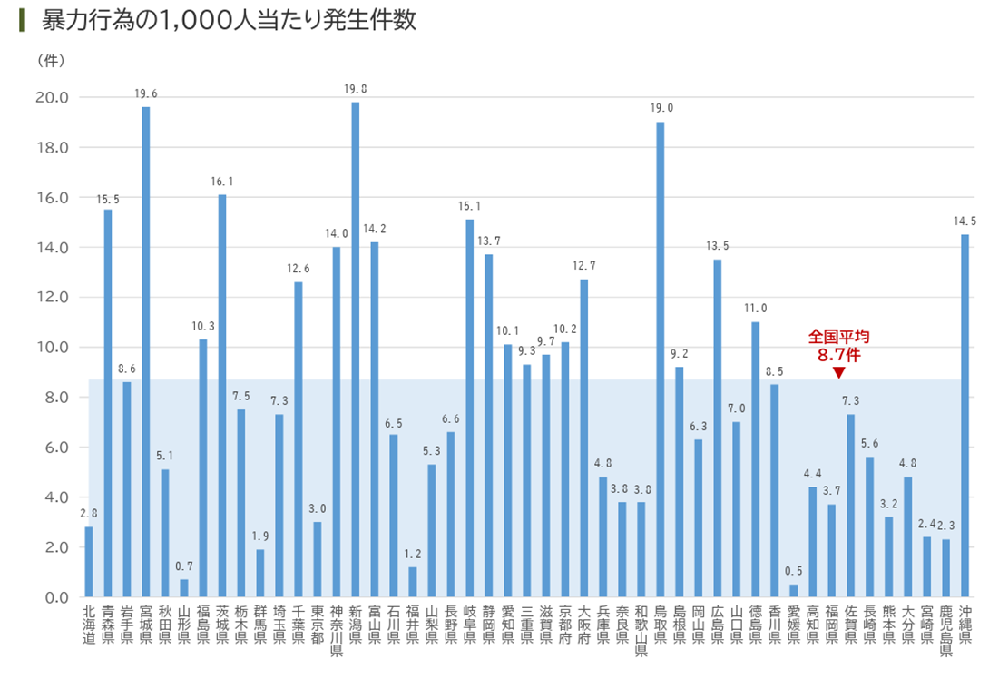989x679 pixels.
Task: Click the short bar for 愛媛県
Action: (794, 591)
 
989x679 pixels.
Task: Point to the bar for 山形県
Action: (184, 588)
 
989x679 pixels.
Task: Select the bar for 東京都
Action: (318, 559)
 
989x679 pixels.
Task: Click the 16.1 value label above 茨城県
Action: (222, 182)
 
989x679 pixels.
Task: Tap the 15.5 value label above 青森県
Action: (108, 197)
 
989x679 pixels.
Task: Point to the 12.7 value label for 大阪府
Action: (584, 266)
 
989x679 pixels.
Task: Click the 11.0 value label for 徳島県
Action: (756, 309)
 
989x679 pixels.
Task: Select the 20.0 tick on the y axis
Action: (51, 98)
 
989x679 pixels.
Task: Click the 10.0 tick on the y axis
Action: (51, 348)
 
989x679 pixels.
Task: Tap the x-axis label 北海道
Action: (89, 625)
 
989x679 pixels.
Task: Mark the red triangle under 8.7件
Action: (838, 373)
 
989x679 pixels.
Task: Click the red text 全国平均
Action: (838, 337)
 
